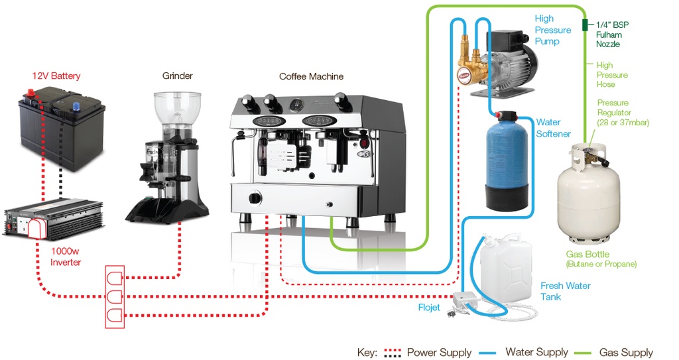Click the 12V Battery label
click(56, 76)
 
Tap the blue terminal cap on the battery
click(76, 105)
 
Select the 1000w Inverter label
click(66, 257)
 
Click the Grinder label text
click(178, 76)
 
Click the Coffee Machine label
click(311, 76)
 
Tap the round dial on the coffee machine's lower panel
click(255, 198)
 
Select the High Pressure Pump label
click(552, 30)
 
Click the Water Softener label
click(553, 128)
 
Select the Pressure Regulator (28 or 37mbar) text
click(623, 113)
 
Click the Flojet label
click(429, 307)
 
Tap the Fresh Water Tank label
click(565, 291)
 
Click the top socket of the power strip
click(115, 278)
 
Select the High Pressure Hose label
click(611, 74)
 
